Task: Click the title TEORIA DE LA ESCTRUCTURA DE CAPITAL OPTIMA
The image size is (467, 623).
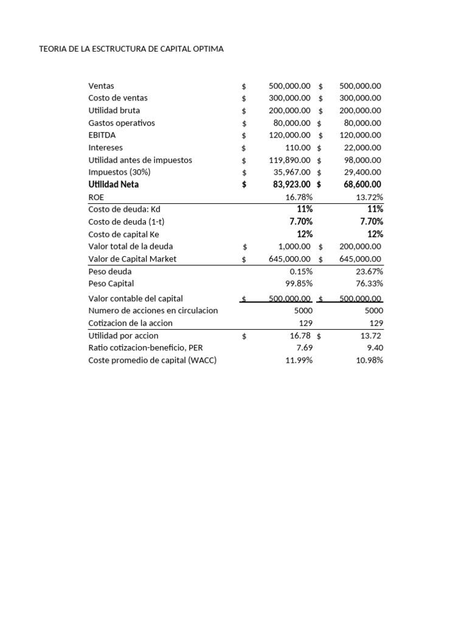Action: (131, 49)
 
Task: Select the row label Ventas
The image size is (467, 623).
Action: (101, 86)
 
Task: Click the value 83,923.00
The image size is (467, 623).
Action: (289, 184)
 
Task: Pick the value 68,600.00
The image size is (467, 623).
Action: (359, 184)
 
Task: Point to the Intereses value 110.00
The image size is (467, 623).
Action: (298, 147)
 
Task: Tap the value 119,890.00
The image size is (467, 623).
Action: (289, 160)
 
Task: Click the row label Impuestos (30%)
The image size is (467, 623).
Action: (119, 172)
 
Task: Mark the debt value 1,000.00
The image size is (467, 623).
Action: (294, 246)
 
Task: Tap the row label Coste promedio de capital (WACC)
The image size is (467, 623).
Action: (152, 360)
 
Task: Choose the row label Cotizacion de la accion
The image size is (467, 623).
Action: (130, 323)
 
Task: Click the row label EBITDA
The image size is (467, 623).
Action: (102, 135)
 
